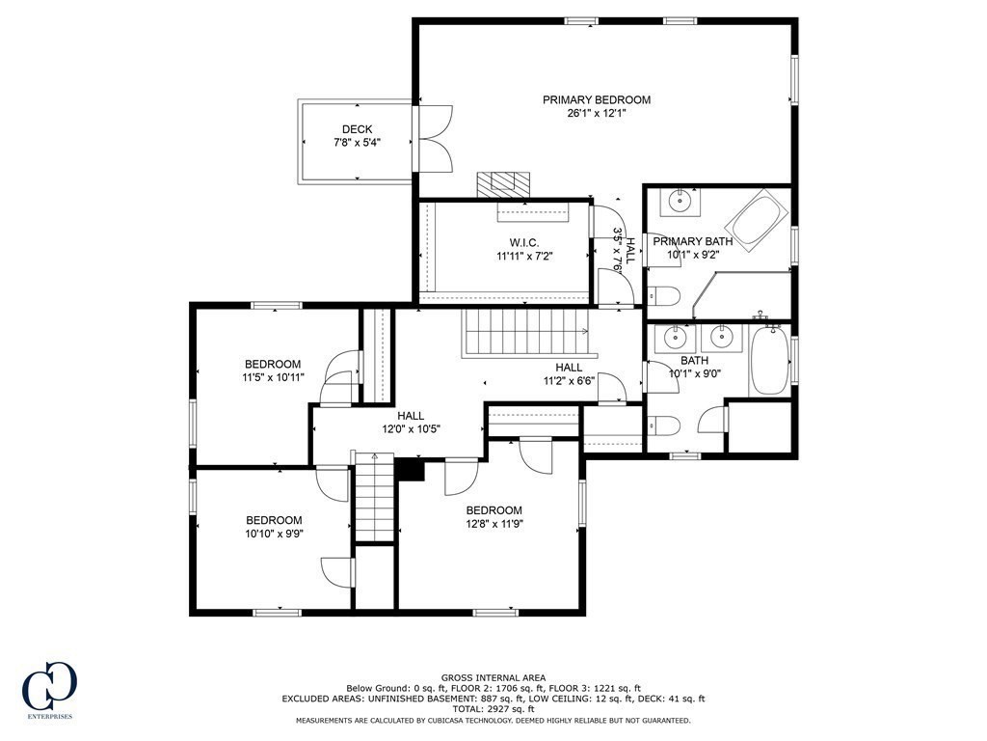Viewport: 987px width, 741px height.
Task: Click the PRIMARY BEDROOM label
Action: pos(596,99)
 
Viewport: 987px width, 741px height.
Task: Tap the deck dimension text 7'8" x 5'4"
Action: pos(357,143)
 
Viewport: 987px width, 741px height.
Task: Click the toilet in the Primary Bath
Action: pos(665,295)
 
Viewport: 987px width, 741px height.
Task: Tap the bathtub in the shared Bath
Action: pos(768,361)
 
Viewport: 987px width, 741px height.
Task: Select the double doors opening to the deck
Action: pos(433,139)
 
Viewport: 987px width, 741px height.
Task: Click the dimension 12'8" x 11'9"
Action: pos(493,524)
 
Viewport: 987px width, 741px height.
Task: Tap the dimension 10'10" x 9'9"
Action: pos(273,534)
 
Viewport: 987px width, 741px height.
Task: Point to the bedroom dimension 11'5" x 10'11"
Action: pos(273,377)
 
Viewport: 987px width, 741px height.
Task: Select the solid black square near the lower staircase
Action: pos(412,469)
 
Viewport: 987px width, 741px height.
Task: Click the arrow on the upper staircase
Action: pos(583,332)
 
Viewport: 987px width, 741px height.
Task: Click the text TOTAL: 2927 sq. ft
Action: pos(493,708)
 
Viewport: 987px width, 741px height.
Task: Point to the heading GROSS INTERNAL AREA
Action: pos(493,677)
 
